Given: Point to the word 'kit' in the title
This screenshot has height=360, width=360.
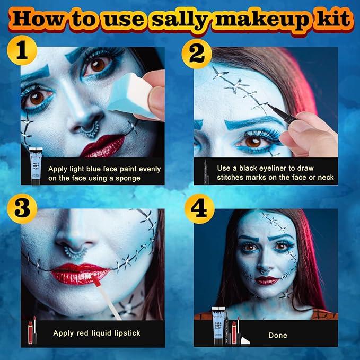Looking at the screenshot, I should coord(333,19).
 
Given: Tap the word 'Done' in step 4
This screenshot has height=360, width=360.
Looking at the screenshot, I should coord(278,335).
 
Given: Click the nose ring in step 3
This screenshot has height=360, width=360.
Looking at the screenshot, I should coord(75,251).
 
